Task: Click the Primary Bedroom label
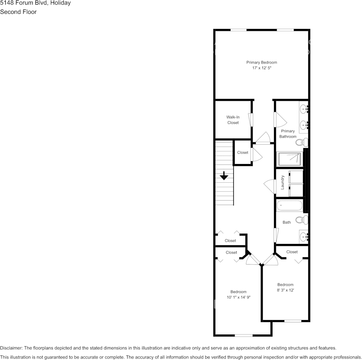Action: pos(261,62)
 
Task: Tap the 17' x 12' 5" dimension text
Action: pos(261,68)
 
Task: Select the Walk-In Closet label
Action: pos(233,120)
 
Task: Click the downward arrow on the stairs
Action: pos(224,176)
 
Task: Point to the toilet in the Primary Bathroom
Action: pos(301,143)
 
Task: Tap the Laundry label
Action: pos(283,182)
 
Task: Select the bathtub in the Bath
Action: pos(289,206)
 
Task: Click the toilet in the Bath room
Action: pos(301,220)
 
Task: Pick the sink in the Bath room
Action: pos(304,237)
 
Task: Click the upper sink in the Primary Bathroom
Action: pos(304,110)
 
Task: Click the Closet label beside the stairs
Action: pos(242,153)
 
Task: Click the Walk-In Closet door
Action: pos(251,119)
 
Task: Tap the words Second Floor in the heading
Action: pos(18,12)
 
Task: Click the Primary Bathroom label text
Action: pos(288,134)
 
